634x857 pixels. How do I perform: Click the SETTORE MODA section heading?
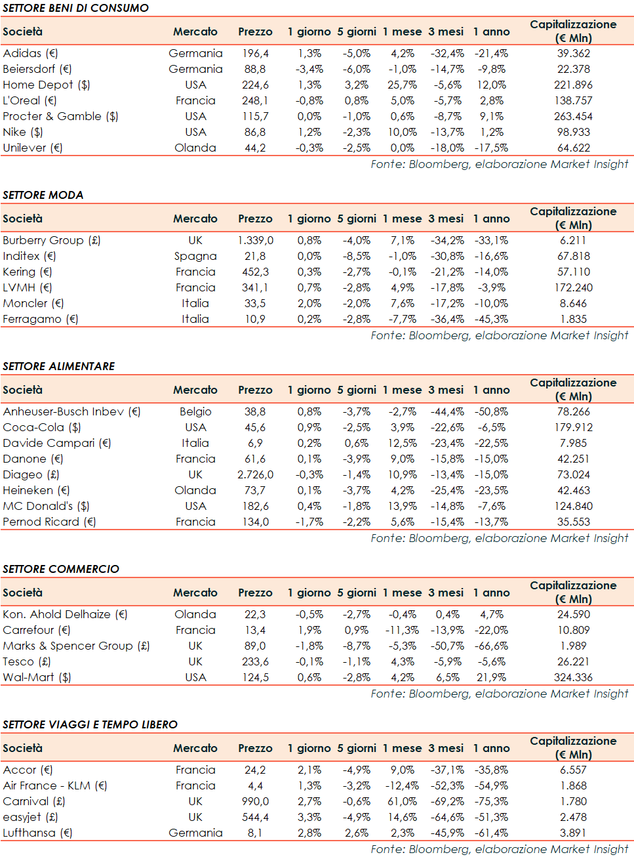click(x=43, y=195)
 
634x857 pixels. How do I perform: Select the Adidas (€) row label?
click(x=30, y=53)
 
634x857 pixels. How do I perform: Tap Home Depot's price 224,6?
click(x=255, y=85)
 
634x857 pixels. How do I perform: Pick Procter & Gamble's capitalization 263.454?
click(x=573, y=116)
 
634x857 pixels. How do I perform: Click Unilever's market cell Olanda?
click(x=195, y=148)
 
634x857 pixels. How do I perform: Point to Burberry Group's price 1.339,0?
click(x=255, y=240)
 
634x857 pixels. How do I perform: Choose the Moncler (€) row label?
click(x=33, y=303)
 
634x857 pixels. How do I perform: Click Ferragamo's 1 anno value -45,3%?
click(x=491, y=319)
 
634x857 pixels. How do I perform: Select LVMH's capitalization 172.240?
click(x=573, y=287)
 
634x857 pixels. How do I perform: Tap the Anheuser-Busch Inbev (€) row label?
click(x=71, y=411)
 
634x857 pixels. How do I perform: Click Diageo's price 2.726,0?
click(x=255, y=474)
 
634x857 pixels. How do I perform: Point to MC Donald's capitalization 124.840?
click(x=573, y=506)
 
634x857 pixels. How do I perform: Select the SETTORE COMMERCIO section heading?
click(x=61, y=569)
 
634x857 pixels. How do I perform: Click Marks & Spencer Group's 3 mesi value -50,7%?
click(x=447, y=646)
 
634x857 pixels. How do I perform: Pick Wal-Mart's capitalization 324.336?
click(x=573, y=677)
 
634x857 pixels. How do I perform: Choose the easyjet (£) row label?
click(x=30, y=817)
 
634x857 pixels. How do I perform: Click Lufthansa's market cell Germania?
click(x=195, y=833)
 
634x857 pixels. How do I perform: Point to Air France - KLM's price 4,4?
click(x=255, y=785)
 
